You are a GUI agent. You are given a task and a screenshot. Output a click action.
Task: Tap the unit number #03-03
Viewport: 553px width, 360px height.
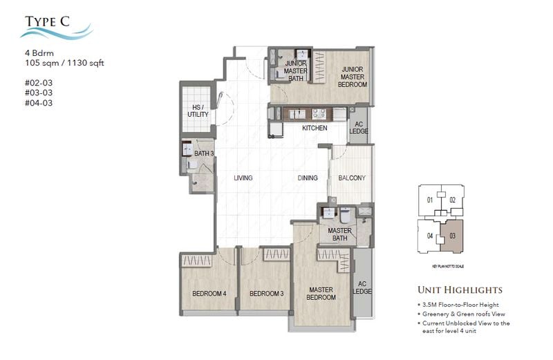(38, 92)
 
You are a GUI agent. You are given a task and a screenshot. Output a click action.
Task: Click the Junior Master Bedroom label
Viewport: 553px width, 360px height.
(353, 76)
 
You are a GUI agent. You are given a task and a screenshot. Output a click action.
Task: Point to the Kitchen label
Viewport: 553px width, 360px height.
(315, 128)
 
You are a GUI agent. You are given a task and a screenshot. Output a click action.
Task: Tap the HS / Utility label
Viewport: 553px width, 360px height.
(198, 111)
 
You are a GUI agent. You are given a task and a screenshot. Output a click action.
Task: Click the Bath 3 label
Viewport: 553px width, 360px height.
(203, 153)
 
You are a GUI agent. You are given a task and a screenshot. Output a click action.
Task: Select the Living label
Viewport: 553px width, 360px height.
(243, 178)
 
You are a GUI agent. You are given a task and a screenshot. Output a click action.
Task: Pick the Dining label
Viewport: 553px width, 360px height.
(308, 178)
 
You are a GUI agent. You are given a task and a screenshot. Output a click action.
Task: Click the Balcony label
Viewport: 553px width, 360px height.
(351, 178)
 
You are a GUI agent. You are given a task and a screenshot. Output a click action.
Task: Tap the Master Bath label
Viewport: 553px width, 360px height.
(339, 235)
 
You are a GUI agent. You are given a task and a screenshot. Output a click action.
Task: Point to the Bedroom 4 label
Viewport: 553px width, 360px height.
(209, 294)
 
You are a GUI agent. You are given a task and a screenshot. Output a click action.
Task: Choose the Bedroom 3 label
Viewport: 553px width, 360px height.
(267, 294)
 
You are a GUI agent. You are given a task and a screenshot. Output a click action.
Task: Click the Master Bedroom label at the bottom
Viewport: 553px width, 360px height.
(321, 293)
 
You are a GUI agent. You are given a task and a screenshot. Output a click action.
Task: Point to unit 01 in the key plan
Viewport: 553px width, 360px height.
(429, 200)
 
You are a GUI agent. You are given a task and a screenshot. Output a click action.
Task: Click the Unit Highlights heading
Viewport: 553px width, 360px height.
(460, 290)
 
